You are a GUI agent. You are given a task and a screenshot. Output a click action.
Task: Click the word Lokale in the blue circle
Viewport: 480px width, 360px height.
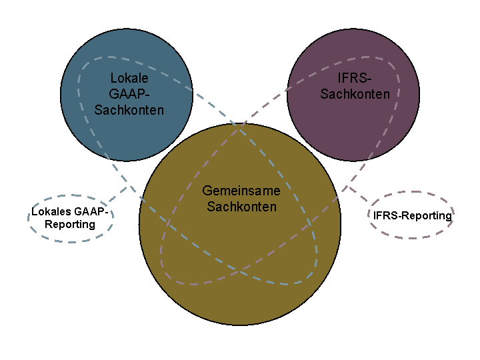129,78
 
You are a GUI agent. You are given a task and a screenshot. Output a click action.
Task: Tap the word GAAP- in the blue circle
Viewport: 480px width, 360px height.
129,94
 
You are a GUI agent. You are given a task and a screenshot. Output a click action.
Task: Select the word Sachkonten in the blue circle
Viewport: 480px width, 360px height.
129,110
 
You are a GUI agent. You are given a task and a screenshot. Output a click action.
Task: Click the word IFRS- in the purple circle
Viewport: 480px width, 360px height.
355,78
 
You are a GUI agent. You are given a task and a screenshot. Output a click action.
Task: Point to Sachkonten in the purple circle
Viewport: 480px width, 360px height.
355,94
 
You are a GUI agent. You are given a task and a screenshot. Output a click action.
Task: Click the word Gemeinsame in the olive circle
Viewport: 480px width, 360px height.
241,191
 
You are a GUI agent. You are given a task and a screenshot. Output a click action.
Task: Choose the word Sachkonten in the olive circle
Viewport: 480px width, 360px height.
241,207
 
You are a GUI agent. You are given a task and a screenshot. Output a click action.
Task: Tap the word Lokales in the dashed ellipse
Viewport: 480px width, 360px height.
51,211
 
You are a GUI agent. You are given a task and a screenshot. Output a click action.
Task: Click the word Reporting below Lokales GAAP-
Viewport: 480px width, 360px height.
70,225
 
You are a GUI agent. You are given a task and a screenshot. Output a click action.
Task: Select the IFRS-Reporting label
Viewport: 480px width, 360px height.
413,215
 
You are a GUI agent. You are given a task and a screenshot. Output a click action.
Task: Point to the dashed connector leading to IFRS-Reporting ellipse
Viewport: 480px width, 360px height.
359,194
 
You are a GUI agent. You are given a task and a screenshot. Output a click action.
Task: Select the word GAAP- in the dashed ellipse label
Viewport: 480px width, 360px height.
91,211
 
